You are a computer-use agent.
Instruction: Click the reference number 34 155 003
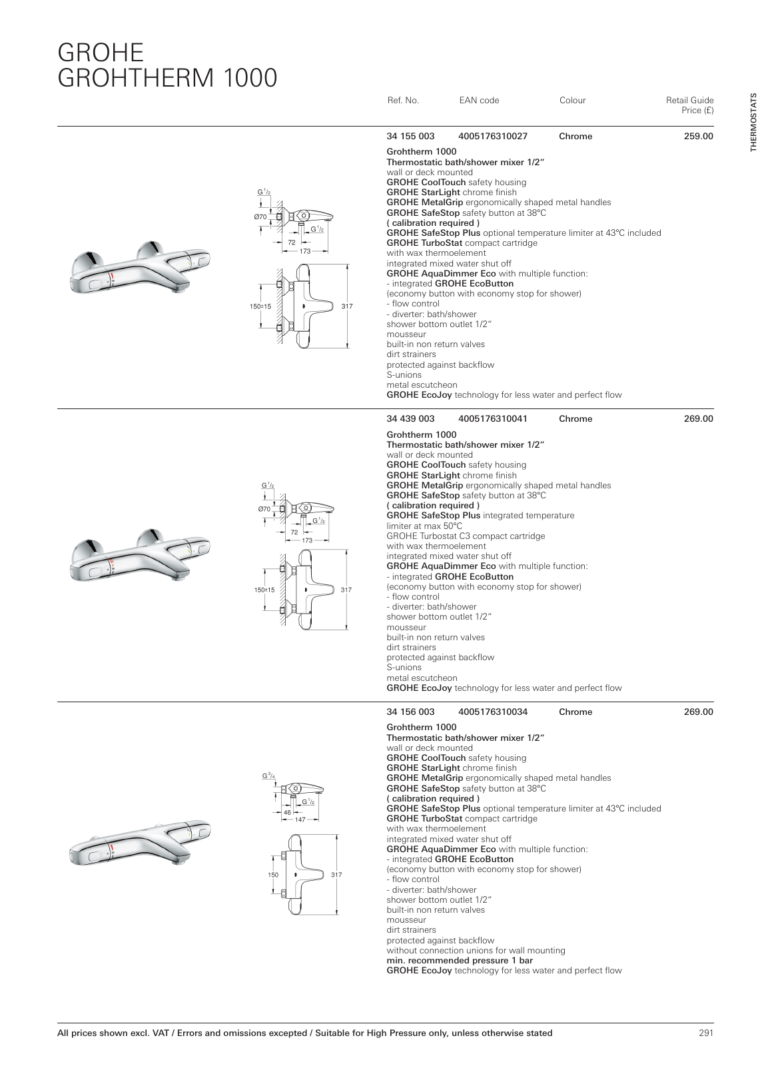pos(410,137)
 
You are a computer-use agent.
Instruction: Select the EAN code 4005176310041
pos(492,419)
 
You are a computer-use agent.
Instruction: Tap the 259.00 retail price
pos(698,137)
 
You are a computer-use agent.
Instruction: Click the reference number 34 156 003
pos(410,712)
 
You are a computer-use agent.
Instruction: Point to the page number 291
pos(706,1033)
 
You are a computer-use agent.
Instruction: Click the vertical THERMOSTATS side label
pos(753,123)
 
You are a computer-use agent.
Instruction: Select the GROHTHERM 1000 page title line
pos(167,78)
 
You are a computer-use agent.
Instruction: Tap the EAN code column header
pos(479,101)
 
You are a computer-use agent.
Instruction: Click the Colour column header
pos(572,101)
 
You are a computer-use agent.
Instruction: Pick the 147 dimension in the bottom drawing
pos(300,819)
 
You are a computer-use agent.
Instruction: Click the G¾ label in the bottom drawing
pos(268,776)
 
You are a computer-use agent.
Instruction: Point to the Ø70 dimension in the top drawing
pos(260,217)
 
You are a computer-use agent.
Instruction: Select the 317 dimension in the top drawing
pos(347,306)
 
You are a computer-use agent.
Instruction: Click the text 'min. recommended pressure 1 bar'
pos(460,961)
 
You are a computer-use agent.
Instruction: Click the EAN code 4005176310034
pos(492,712)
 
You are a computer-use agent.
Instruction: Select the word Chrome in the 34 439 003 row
pos(576,419)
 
